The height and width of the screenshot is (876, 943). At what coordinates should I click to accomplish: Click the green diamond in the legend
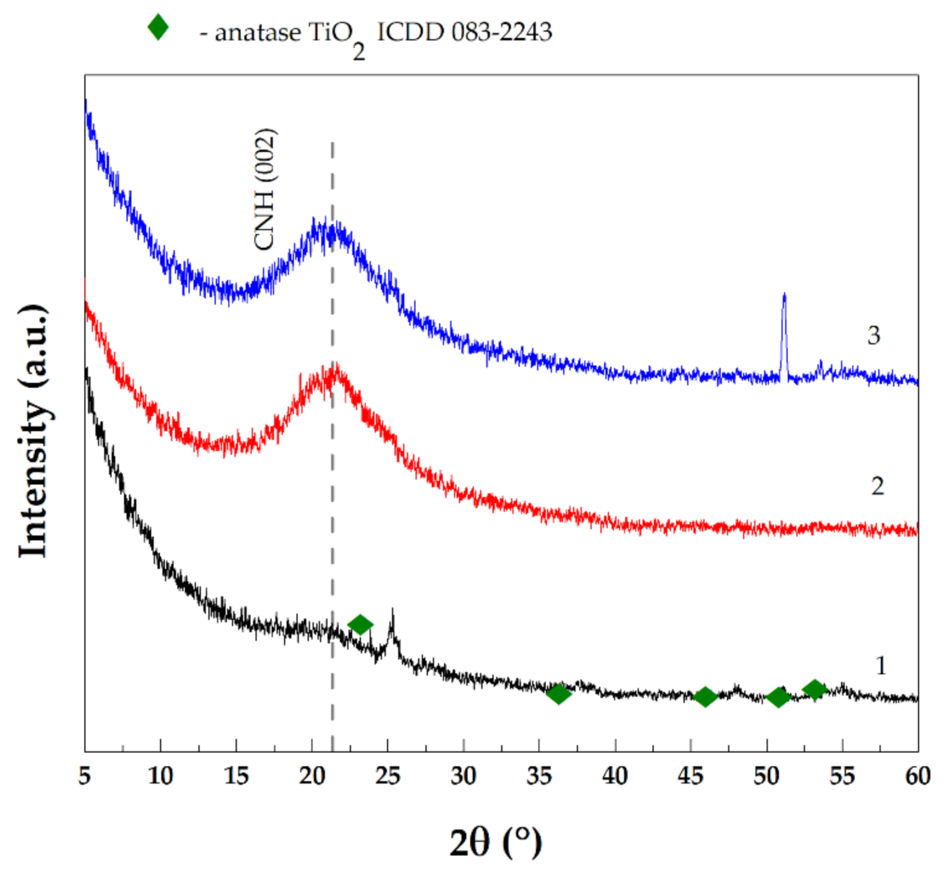click(x=158, y=27)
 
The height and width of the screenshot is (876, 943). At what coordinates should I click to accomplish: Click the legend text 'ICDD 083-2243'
click(x=464, y=31)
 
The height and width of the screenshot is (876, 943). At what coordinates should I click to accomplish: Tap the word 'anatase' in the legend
click(x=258, y=32)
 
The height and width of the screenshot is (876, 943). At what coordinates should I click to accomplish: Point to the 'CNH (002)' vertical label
click(x=265, y=189)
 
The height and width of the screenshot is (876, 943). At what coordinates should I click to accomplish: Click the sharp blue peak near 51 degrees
click(x=784, y=297)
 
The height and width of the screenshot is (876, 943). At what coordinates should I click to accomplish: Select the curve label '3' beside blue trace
click(x=873, y=335)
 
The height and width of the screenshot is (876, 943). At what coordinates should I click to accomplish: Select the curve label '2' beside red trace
click(x=877, y=486)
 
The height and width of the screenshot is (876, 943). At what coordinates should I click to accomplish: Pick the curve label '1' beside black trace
click(x=881, y=665)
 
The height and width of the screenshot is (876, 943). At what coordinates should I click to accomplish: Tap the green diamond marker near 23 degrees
click(x=360, y=625)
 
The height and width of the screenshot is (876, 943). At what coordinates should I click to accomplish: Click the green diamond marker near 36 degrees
click(x=558, y=694)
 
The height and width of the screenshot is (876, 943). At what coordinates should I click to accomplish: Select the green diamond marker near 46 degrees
click(x=705, y=697)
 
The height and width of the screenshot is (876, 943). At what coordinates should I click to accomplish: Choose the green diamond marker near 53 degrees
click(x=814, y=689)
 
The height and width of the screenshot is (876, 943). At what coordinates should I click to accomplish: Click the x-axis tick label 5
click(x=85, y=776)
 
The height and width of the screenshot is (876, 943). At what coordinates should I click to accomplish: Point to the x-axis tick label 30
click(x=463, y=776)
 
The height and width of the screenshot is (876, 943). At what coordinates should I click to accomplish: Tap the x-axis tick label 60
click(x=918, y=776)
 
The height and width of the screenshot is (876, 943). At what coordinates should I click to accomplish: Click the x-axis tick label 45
click(x=690, y=776)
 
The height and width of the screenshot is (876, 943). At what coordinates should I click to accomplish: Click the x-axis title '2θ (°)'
click(x=495, y=842)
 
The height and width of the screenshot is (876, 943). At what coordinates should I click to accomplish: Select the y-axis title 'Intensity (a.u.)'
click(x=34, y=431)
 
